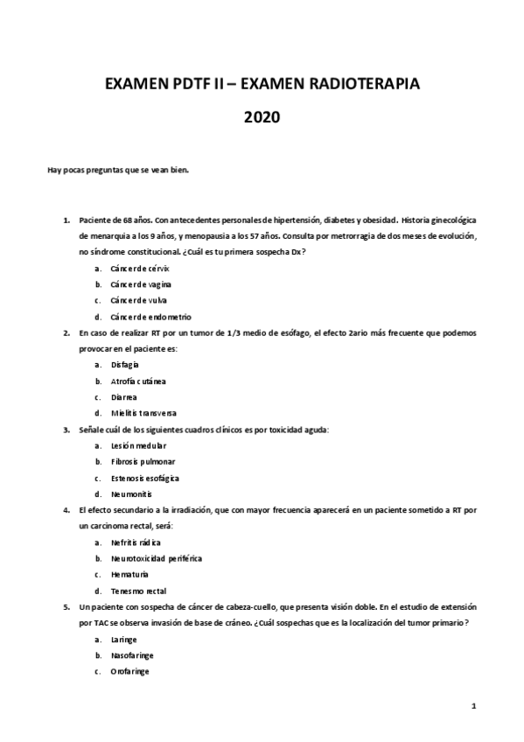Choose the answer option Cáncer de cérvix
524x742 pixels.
(x=140, y=269)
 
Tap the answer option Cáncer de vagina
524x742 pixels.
(x=141, y=284)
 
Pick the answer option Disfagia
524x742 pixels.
(x=125, y=364)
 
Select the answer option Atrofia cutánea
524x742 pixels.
(x=138, y=381)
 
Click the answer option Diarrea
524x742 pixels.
(x=124, y=396)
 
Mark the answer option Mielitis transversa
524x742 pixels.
(x=143, y=412)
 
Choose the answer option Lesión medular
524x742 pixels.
(x=138, y=445)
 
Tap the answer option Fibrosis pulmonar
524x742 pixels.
(x=143, y=461)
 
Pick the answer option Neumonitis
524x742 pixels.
(x=132, y=493)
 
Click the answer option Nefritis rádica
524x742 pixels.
(x=136, y=542)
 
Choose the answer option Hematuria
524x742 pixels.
(x=129, y=574)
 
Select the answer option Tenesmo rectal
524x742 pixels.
(x=138, y=591)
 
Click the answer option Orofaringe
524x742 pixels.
(x=129, y=671)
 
